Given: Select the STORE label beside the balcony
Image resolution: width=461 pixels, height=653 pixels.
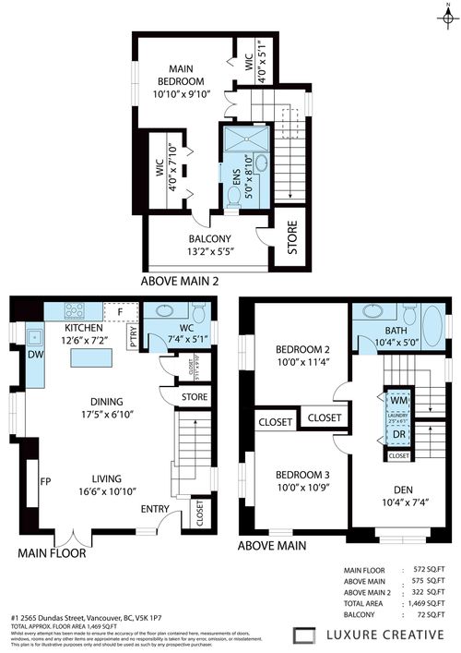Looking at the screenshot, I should [x=293, y=237].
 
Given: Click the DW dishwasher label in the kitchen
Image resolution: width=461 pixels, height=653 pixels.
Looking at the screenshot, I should [x=34, y=354].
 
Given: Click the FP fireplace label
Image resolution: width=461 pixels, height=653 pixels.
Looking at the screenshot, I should [x=44, y=481].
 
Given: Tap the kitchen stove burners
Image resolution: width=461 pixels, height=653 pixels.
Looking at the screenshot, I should [x=73, y=310].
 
